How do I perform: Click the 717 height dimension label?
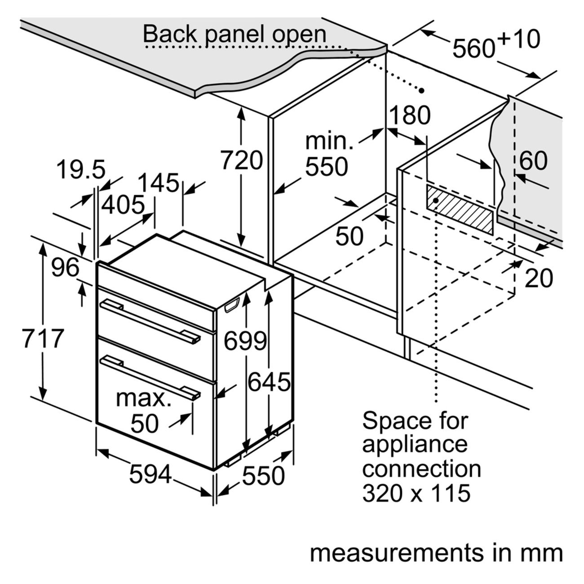click(x=43, y=338)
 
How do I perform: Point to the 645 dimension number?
click(x=269, y=382)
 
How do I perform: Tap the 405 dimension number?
click(x=123, y=205)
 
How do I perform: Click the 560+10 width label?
click(x=496, y=44)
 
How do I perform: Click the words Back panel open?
click(x=234, y=34)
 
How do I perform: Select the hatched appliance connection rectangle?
click(x=460, y=209)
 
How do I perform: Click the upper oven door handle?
click(x=150, y=322)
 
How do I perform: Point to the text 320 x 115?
click(x=416, y=493)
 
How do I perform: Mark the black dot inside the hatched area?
click(x=436, y=200)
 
